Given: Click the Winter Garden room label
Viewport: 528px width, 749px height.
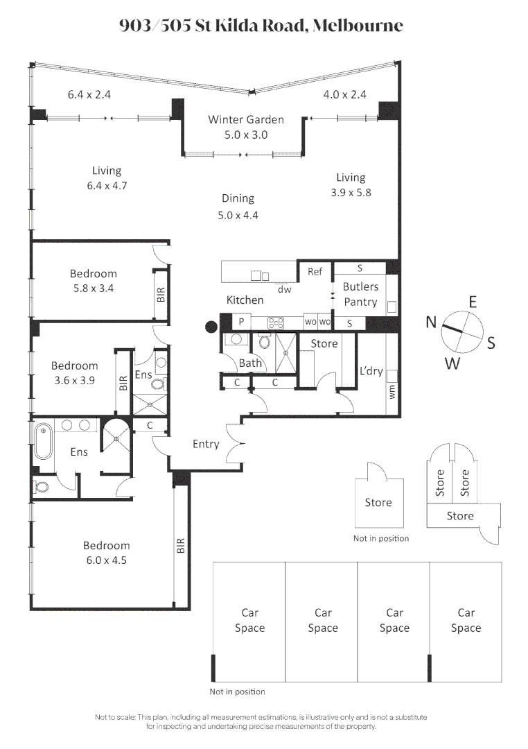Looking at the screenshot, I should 246,119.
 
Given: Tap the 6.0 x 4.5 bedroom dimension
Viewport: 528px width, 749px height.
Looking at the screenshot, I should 107,562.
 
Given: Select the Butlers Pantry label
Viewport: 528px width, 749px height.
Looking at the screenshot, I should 360,294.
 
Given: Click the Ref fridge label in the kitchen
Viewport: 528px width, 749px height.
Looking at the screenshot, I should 315,272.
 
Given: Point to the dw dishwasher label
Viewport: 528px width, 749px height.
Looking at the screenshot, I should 284,290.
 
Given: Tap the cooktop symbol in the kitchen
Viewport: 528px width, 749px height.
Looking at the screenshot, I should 276,322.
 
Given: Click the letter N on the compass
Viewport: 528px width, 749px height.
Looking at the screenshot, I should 432,322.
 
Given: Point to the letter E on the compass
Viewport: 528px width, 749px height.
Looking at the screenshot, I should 473,302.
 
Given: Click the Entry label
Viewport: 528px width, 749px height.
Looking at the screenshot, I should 206,445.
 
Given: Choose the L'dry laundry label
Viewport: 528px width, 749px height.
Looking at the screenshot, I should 371,371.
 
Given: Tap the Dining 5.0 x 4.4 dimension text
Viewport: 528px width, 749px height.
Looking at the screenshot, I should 238,215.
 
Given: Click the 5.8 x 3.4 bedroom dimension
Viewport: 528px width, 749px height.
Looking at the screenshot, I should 93,289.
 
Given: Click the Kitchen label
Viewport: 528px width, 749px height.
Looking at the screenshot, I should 245,300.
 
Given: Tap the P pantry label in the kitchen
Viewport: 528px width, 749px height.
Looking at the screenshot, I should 241,322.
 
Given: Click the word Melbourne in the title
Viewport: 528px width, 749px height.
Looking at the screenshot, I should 358,26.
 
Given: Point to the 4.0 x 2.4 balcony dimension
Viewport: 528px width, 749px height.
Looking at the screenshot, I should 345,95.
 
